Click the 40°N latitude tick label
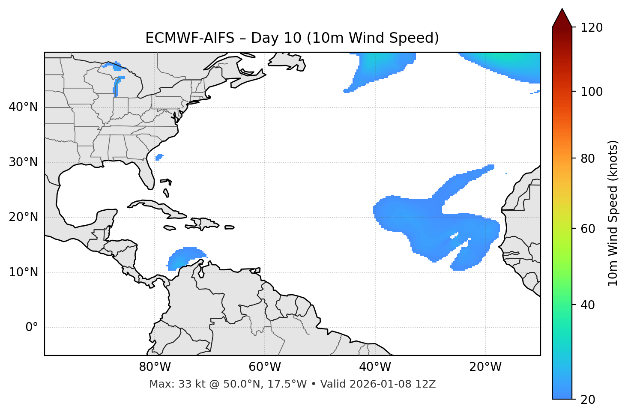[23, 107]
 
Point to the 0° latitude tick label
[32, 328]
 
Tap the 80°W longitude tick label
[155, 367]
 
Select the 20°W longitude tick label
[485, 367]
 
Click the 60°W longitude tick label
[265, 367]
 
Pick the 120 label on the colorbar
[591, 28]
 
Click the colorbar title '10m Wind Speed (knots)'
[613, 213]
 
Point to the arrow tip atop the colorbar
[562, 9]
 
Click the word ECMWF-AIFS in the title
[190, 38]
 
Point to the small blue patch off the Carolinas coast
[159, 157]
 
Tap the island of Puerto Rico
[230, 227]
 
